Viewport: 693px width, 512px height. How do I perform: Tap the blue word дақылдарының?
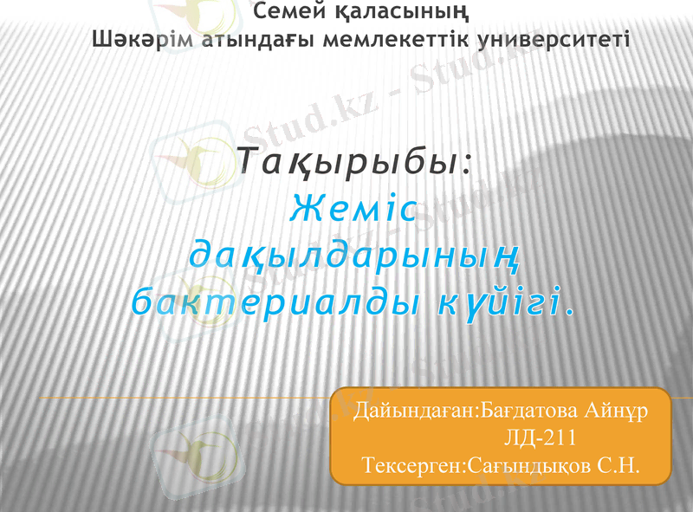tap(354, 256)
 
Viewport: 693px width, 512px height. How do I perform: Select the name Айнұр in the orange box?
tap(616, 407)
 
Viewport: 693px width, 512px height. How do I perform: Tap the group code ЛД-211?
tap(541, 437)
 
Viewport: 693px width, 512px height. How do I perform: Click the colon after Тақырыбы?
tap(468, 165)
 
